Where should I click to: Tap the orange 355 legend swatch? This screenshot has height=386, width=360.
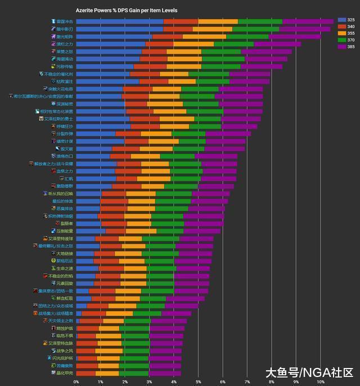tap(341, 34)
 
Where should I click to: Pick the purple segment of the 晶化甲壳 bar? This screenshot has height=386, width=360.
tap(165, 373)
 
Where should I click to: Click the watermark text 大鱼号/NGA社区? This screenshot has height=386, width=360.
tap(309, 372)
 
